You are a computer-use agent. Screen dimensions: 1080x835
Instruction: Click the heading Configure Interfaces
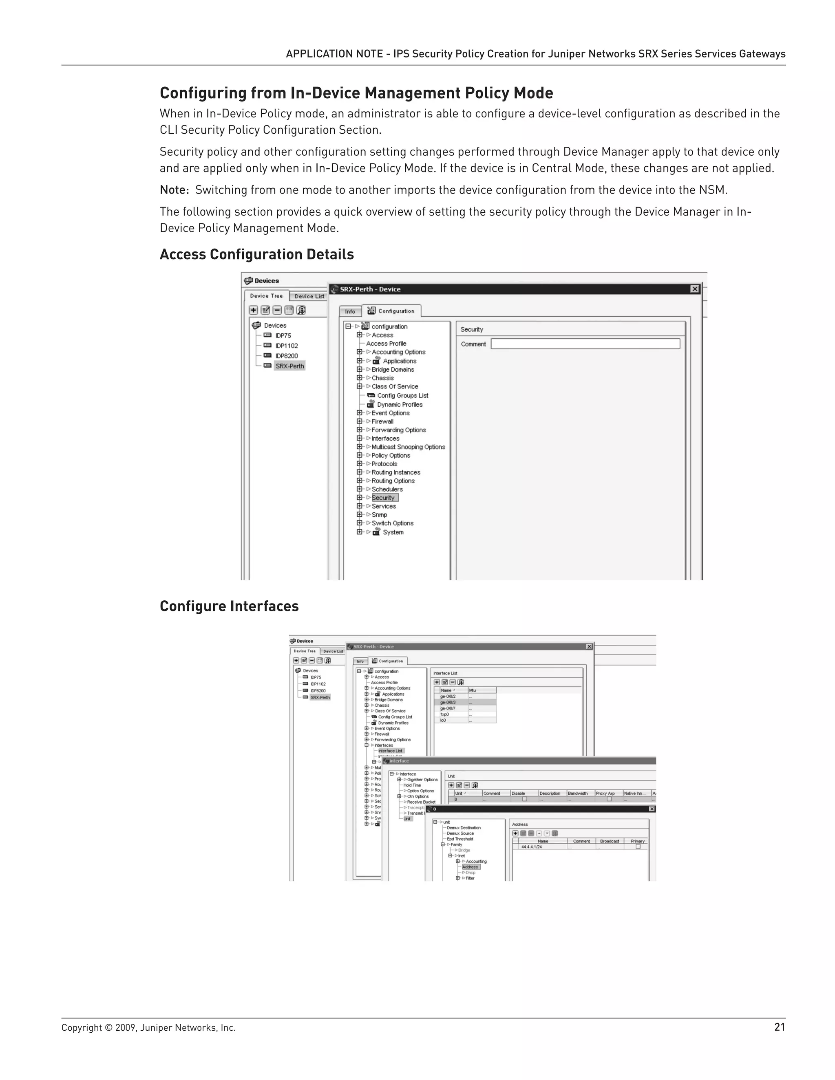pyautogui.click(x=229, y=606)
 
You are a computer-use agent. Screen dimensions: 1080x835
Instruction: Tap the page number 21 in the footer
pyautogui.click(x=779, y=1027)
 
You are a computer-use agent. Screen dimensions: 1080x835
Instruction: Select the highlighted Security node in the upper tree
pyautogui.click(x=384, y=498)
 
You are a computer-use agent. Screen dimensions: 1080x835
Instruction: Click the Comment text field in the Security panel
pyautogui.click(x=585, y=344)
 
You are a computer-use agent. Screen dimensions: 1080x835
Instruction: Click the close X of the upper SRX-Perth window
pyautogui.click(x=694, y=289)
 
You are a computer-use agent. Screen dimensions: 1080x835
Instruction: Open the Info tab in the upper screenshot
pyautogui.click(x=350, y=311)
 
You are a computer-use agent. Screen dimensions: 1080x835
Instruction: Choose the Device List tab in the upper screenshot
pyautogui.click(x=309, y=296)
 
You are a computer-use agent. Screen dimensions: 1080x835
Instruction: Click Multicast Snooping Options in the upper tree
pyautogui.click(x=408, y=447)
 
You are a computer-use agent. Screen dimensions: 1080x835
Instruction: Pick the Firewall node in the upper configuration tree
pyautogui.click(x=382, y=422)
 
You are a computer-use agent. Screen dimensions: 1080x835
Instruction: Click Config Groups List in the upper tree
pyautogui.click(x=402, y=396)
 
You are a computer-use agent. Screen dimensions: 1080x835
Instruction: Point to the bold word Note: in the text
pyautogui.click(x=174, y=190)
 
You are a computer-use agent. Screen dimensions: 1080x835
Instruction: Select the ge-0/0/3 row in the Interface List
pyautogui.click(x=448, y=702)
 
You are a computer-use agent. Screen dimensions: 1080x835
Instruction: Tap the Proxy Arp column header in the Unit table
pyautogui.click(x=605, y=793)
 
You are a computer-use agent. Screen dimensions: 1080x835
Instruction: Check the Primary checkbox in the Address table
pyautogui.click(x=638, y=846)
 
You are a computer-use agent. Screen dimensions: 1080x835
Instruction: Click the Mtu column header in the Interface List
pyautogui.click(x=473, y=690)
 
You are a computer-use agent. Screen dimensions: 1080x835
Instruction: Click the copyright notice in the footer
pyautogui.click(x=148, y=1027)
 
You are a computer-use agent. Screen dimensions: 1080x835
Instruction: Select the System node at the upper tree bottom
pyautogui.click(x=393, y=533)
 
